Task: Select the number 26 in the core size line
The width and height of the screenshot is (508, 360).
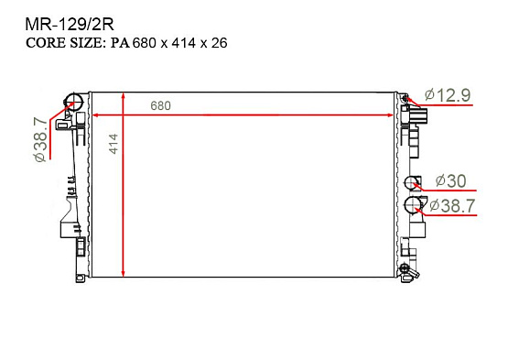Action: point(221,43)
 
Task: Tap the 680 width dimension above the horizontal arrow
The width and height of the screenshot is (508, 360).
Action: point(160,105)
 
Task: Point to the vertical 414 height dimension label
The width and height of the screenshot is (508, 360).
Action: point(113,144)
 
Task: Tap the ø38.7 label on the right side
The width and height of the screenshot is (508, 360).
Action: point(451,206)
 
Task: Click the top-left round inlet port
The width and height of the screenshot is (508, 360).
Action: point(73,101)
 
